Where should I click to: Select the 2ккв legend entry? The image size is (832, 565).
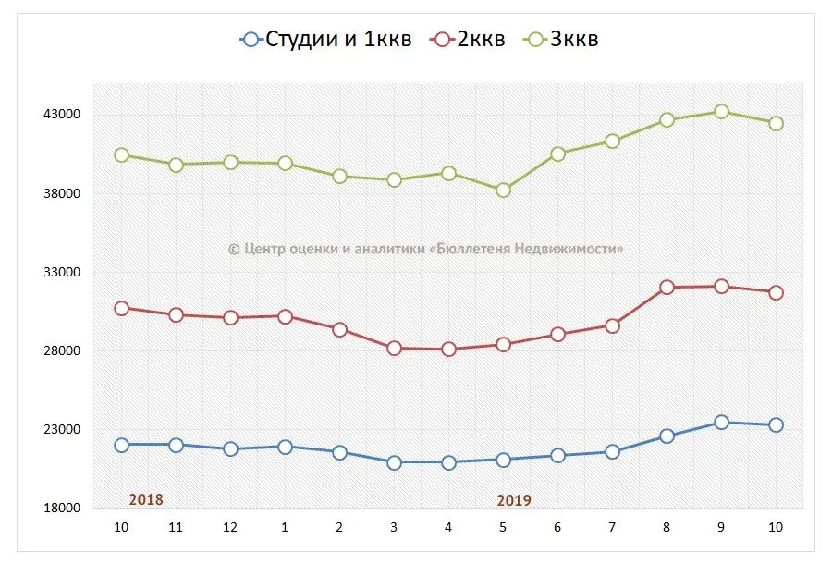point(470,39)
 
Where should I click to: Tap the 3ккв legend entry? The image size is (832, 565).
point(562,39)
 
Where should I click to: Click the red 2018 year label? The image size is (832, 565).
point(146,499)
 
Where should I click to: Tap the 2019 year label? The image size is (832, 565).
point(514,500)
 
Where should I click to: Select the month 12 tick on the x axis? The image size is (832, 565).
point(230,527)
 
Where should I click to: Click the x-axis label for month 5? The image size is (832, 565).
point(503,527)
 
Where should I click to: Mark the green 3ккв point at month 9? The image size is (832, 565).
point(721,112)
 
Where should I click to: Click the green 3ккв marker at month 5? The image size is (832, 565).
point(503,190)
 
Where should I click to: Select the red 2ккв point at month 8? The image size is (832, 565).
point(667,288)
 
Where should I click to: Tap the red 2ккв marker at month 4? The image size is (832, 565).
point(448,350)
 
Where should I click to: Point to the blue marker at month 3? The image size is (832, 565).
point(394,462)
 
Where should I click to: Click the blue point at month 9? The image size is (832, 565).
point(721,423)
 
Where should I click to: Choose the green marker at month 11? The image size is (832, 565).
point(176,165)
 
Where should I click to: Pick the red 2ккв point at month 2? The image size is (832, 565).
point(339,330)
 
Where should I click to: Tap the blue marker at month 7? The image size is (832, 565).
point(612,452)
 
